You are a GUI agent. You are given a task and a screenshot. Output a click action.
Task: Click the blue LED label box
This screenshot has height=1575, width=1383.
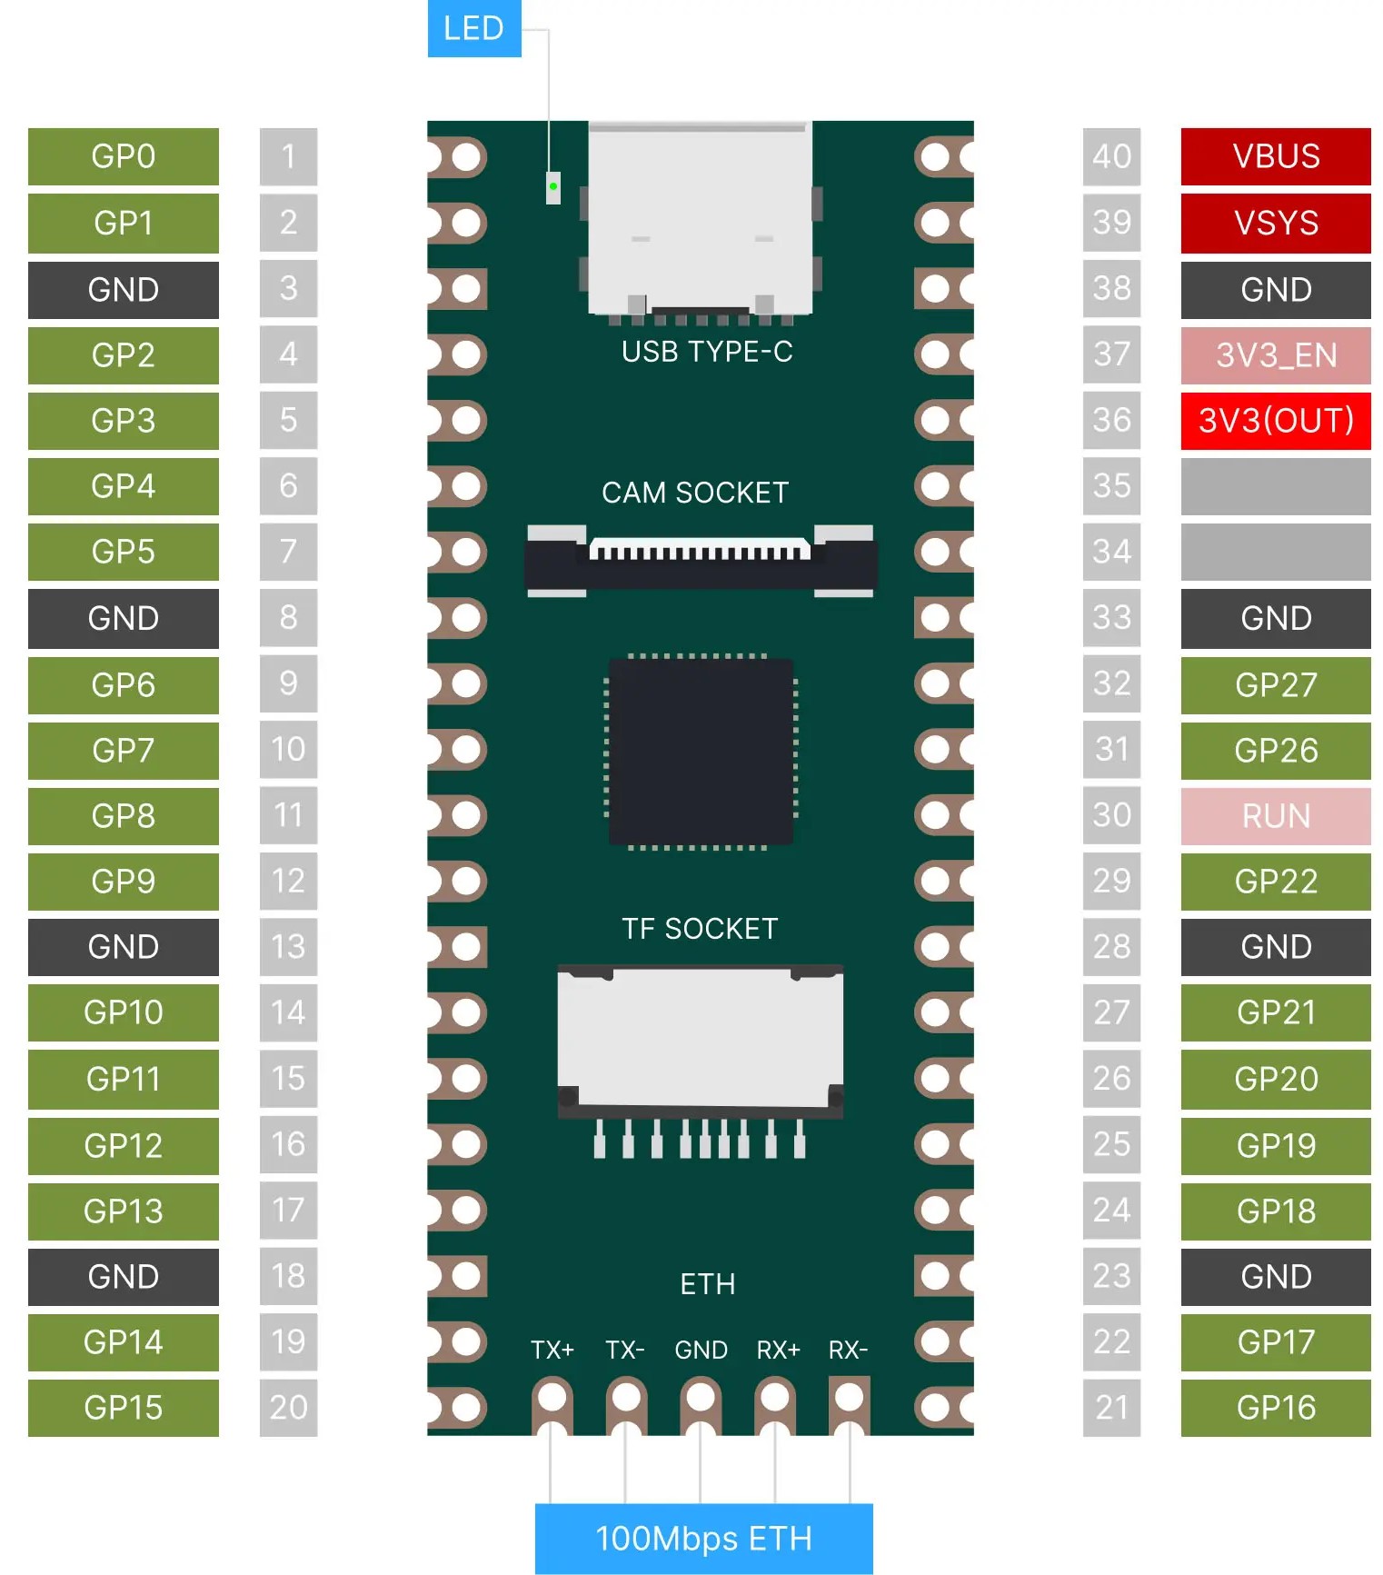tap(473, 28)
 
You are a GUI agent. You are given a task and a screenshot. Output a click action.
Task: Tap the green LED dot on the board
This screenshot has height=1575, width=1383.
tap(552, 186)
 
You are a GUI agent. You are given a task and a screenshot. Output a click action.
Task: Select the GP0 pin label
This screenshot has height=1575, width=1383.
tap(124, 156)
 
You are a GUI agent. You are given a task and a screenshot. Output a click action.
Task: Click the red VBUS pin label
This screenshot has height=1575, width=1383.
tap(1276, 156)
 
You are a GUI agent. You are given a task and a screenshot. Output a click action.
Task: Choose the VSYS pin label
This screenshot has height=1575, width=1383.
tap(1276, 223)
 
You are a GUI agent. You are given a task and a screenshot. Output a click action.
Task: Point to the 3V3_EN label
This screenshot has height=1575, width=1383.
tap(1276, 354)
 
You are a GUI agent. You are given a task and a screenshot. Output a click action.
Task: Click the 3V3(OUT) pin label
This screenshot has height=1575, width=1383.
tap(1276, 421)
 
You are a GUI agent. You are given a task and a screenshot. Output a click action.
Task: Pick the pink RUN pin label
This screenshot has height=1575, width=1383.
tap(1276, 816)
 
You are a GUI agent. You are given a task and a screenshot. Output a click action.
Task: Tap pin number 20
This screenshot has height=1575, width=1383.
tap(288, 1408)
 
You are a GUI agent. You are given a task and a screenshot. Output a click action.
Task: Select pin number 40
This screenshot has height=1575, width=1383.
tap(1111, 156)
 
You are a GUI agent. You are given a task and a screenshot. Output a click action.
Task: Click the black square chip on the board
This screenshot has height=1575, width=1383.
tap(701, 752)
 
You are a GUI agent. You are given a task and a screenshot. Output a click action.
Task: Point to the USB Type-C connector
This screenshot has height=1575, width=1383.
tap(700, 221)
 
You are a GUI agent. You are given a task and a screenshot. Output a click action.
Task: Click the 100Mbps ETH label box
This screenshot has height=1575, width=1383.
tap(703, 1539)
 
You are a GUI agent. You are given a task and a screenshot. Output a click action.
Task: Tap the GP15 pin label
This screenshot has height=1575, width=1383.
tap(124, 1408)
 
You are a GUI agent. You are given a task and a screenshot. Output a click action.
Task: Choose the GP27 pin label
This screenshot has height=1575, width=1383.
tap(1276, 684)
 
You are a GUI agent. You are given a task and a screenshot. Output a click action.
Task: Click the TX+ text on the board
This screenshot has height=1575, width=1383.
tap(552, 1350)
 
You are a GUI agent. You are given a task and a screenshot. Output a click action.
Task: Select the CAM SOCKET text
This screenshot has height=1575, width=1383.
tap(695, 493)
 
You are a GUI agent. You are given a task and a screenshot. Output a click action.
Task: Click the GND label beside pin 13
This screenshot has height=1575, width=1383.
tap(124, 947)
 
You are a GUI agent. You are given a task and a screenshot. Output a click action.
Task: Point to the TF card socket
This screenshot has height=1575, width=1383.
tap(700, 1059)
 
